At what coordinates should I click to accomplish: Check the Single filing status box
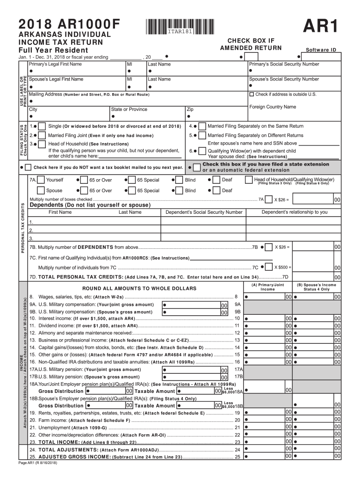point(42,126)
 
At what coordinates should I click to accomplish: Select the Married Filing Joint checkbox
point(42,135)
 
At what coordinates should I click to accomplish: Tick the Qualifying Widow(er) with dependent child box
point(202,151)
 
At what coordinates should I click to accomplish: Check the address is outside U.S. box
point(252,94)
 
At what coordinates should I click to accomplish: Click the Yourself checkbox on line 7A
point(41,180)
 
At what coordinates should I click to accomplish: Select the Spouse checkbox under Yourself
point(41,190)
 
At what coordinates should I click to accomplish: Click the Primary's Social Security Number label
point(284,64)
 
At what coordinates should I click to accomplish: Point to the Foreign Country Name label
point(273,107)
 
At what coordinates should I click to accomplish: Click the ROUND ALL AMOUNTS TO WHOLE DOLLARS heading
point(140,289)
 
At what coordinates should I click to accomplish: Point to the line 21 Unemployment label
point(54,427)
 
